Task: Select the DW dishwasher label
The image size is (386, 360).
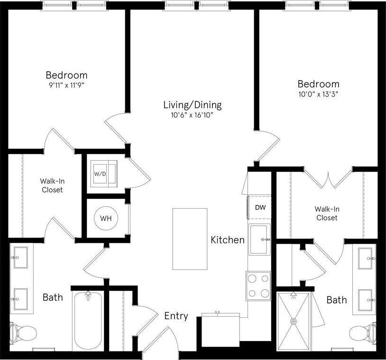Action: (x=260, y=207)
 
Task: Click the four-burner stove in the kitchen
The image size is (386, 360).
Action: (x=258, y=286)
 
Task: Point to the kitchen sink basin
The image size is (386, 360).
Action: (x=260, y=240)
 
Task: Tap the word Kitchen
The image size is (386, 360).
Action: (x=228, y=240)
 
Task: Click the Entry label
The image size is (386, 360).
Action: (x=176, y=316)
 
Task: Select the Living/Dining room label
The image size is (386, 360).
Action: (x=192, y=105)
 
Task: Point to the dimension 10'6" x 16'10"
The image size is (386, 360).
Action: (x=192, y=115)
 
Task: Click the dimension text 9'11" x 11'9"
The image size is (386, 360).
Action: (x=66, y=85)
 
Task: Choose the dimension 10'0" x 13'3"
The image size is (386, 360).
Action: (x=319, y=94)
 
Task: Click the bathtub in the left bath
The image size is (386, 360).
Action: (x=88, y=321)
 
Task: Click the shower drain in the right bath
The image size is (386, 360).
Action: (x=294, y=322)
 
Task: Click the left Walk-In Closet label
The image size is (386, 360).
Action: (x=51, y=185)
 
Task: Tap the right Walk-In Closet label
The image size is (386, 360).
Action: (x=326, y=213)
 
